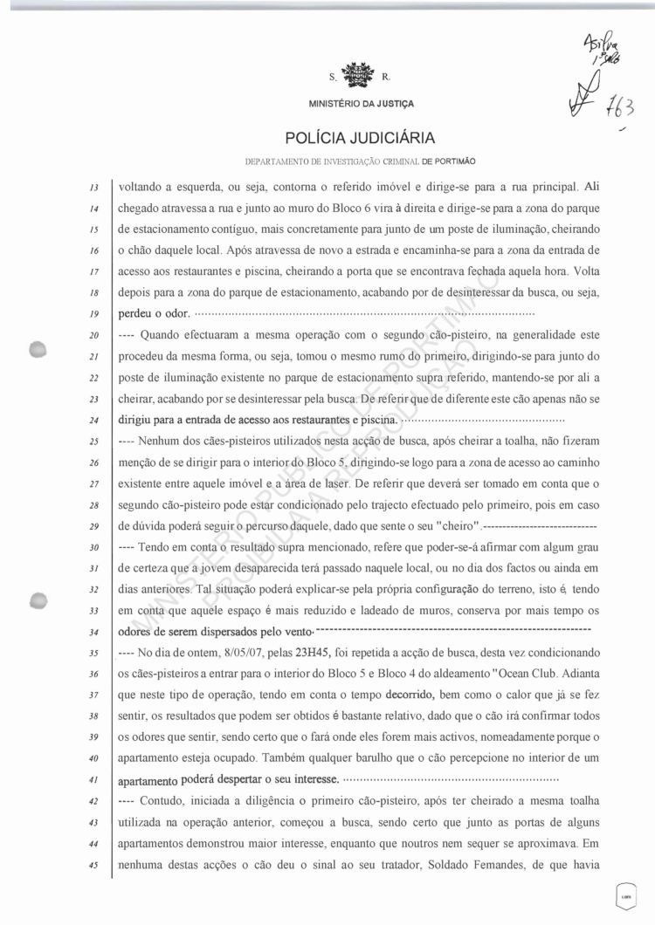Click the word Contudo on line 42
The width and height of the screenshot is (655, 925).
pos(161,803)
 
